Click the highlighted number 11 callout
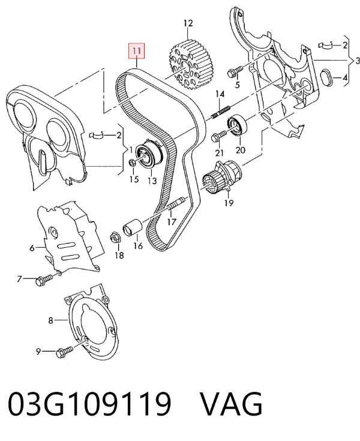137,51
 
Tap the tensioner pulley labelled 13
149,155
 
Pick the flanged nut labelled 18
115,238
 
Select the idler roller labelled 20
237,125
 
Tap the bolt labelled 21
218,136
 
